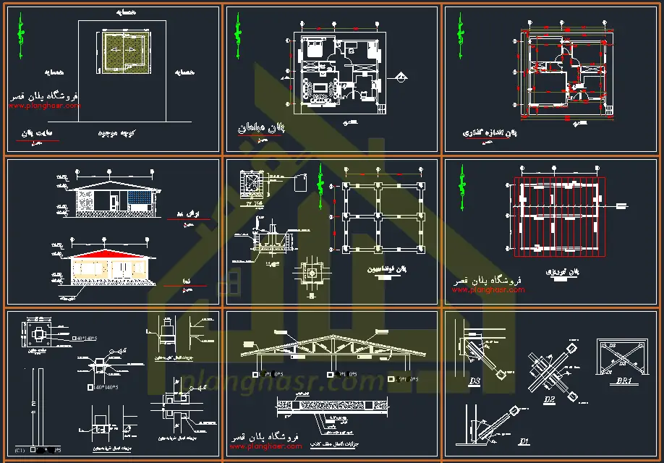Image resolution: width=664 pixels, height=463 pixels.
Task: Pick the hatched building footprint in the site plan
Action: click(122, 53)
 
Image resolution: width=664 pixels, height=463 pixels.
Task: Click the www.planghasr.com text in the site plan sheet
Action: click(44, 106)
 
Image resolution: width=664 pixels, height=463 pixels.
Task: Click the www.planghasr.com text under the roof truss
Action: click(265, 446)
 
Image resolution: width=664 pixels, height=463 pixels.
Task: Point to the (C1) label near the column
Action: click(20, 451)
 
